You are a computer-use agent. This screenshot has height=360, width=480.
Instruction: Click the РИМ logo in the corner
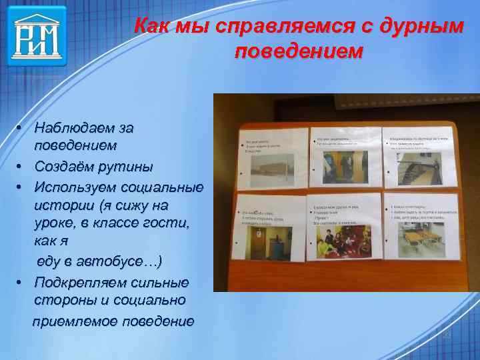tap(37, 35)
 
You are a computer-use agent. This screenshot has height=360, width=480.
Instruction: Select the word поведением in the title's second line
tap(299, 52)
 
